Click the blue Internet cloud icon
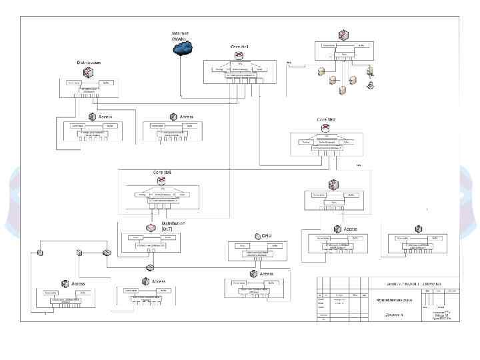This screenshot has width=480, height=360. click(x=182, y=47)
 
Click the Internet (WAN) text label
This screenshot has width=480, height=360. click(x=180, y=35)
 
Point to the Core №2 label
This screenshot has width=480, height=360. click(x=326, y=119)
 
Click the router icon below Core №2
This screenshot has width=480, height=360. click(x=326, y=128)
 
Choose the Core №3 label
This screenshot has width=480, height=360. click(x=163, y=172)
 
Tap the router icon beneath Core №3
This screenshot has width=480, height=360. click(x=163, y=181)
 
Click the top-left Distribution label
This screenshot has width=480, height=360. click(x=89, y=62)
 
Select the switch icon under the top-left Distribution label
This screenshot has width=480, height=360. click(x=88, y=72)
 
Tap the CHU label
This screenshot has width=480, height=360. click(x=266, y=235)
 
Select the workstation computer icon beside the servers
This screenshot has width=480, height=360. click(x=370, y=85)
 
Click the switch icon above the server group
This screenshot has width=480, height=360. click(x=343, y=35)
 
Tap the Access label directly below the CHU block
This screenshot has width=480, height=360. click(x=267, y=274)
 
